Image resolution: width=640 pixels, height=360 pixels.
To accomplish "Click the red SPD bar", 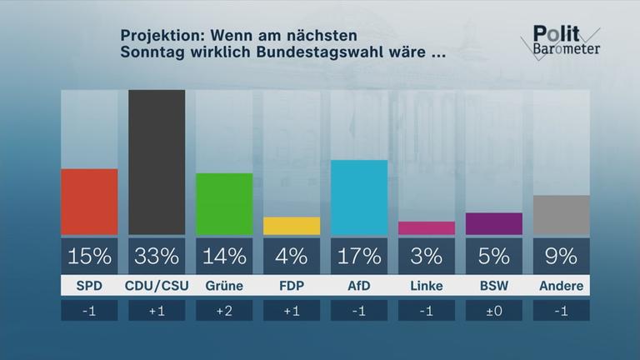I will pyautogui.click(x=89, y=202).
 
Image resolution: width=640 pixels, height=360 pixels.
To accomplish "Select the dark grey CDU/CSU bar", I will pyautogui.click(x=157, y=162).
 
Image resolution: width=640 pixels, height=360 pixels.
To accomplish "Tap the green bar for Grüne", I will pyautogui.click(x=224, y=204).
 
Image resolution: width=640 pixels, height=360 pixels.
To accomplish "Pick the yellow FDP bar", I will pyautogui.click(x=292, y=226).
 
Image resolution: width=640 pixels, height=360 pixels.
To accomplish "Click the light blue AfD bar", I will pyautogui.click(x=359, y=197).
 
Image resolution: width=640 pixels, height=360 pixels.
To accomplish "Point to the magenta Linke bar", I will pyautogui.click(x=427, y=228).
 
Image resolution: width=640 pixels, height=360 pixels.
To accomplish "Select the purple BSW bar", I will pyautogui.click(x=494, y=224).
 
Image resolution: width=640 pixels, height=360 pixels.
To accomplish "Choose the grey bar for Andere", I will pyautogui.click(x=562, y=215).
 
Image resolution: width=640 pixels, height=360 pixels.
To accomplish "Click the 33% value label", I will pyautogui.click(x=157, y=255).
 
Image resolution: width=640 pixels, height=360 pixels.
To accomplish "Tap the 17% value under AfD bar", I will pyautogui.click(x=359, y=255).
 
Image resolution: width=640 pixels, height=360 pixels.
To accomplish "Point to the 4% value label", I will pyautogui.click(x=292, y=255).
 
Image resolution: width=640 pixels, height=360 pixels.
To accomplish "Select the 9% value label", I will pyautogui.click(x=562, y=255).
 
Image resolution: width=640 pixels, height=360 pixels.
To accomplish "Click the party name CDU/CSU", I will pyautogui.click(x=157, y=286).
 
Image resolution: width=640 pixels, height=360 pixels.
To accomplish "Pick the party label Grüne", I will pyautogui.click(x=224, y=286).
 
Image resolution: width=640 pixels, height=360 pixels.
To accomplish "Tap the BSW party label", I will pyautogui.click(x=494, y=286).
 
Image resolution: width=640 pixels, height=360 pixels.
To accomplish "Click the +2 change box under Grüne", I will pyautogui.click(x=224, y=311).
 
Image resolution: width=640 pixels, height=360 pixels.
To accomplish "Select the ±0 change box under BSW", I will pyautogui.click(x=494, y=311).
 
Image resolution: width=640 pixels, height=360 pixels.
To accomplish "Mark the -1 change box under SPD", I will pyautogui.click(x=89, y=311).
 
